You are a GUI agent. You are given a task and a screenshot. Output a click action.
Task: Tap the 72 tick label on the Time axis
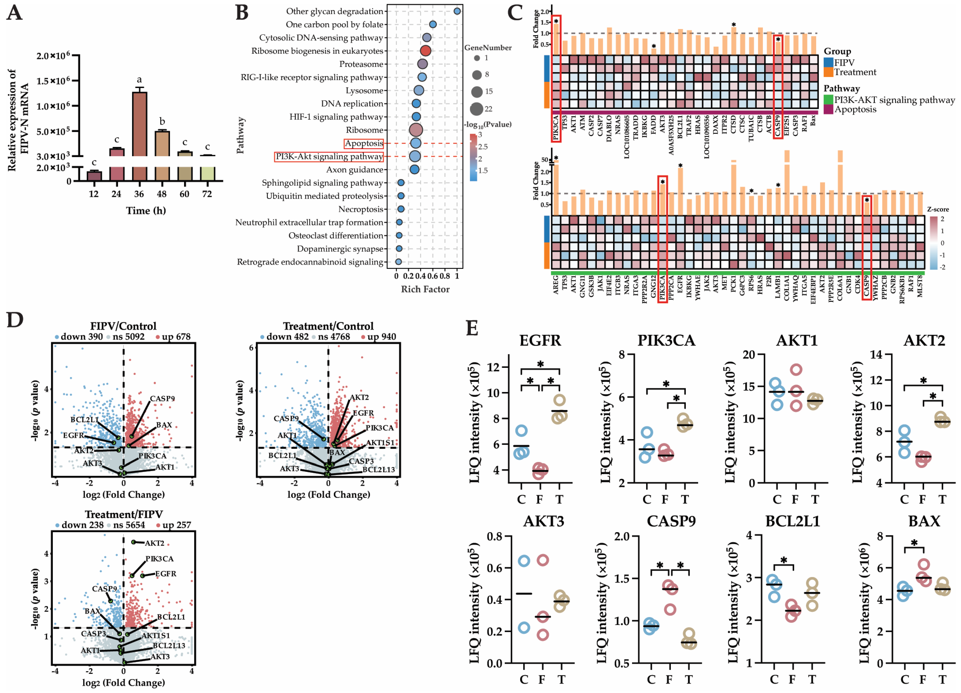[x=207, y=194]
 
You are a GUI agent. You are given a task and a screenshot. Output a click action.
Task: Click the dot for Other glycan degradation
[x=457, y=11]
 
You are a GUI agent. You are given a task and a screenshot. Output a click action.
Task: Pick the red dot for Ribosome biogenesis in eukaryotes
[x=425, y=51]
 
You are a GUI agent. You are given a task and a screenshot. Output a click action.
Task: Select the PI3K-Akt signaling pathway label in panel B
[x=329, y=157]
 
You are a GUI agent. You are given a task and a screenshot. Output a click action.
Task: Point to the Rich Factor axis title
[x=425, y=289]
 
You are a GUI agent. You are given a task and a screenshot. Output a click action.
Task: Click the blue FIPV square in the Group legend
[x=828, y=62]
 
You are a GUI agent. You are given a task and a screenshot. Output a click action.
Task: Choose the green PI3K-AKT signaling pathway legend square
[x=828, y=100]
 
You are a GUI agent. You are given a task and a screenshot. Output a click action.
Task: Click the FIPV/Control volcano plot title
[x=123, y=326]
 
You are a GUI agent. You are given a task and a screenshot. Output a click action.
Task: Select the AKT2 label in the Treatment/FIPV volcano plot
[x=154, y=543]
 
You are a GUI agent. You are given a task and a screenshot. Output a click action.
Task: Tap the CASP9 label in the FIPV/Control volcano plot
[x=162, y=398]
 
